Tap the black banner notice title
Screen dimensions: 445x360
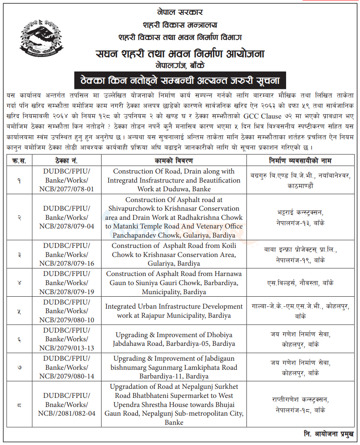pos(180,79)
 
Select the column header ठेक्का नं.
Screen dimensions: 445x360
pos(66,160)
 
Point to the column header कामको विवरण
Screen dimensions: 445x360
pos(174,160)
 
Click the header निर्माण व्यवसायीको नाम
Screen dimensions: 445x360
pos(300,160)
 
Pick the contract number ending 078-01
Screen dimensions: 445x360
pos(66,181)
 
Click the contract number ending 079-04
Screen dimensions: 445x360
pos(66,217)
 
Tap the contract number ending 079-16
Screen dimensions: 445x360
pos(66,255)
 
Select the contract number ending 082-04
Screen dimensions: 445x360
pos(66,405)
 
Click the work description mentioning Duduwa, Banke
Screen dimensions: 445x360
pos(174,181)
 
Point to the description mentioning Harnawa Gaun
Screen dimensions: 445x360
pos(174,283)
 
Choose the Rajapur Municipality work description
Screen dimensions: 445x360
pos(174,311)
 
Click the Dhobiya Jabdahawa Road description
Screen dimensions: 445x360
pos(174,339)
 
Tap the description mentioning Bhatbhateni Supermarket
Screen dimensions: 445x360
pos(174,405)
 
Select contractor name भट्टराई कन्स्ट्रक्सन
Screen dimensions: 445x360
pos(300,217)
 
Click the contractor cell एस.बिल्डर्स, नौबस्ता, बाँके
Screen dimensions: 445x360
pos(300,283)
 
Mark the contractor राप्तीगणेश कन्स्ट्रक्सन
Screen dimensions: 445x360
pos(300,405)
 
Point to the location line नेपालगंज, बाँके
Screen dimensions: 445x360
pos(180,65)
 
